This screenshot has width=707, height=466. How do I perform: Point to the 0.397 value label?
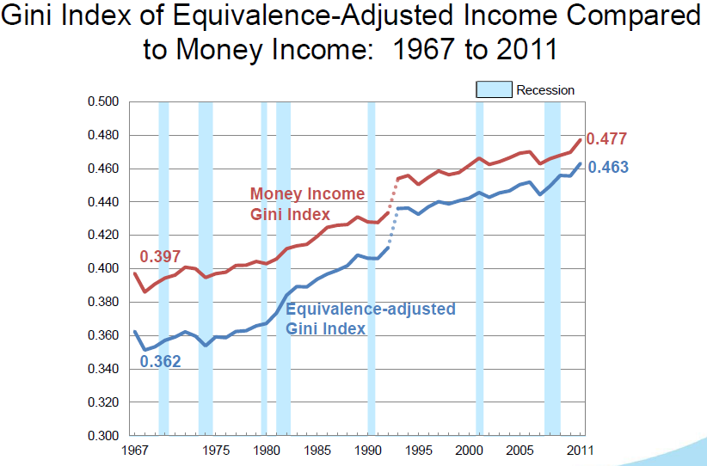pos(160,257)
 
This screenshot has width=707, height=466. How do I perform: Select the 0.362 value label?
pos(160,361)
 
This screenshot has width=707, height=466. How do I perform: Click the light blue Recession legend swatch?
pos(495,89)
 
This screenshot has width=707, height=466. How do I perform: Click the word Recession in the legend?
pos(545,90)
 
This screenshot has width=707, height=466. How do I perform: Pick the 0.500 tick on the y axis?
pos(103,101)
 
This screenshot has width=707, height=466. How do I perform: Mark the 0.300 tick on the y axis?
pos(103,435)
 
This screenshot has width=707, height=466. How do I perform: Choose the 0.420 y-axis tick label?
pos(103,235)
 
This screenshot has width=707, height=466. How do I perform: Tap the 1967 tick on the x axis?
pos(133,451)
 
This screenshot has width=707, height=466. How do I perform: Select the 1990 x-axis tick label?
pos(368,451)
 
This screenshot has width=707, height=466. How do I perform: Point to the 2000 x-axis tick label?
pos(470,451)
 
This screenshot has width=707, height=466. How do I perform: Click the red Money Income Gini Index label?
pos(307,204)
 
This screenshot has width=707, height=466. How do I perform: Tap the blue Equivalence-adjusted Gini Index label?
pos(370,318)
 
